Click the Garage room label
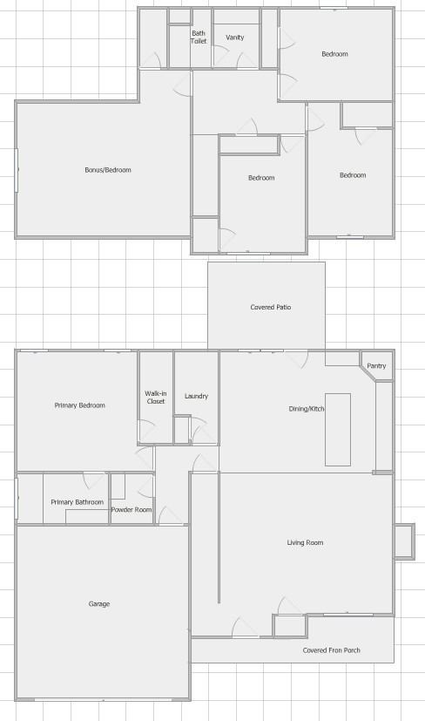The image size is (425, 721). [x=99, y=604]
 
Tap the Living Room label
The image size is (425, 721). [x=305, y=542]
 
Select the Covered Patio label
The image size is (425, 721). [x=271, y=307]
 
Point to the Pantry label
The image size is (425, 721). [x=376, y=366]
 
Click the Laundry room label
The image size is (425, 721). [x=196, y=396]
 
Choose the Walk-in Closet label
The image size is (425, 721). [x=156, y=398]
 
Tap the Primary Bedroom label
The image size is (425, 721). [x=80, y=405]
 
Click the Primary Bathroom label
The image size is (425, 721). [x=78, y=502]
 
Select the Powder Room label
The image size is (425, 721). [x=132, y=509]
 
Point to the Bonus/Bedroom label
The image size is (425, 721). [x=108, y=170]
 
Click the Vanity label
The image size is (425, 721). [x=235, y=37]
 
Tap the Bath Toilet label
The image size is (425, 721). [x=199, y=37]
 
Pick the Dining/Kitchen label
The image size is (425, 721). [x=307, y=409]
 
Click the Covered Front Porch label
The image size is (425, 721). [x=331, y=650]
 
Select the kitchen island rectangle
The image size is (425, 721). [x=338, y=430]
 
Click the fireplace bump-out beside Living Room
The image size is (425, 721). [x=404, y=541]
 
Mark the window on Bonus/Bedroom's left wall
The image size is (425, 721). [x=17, y=170]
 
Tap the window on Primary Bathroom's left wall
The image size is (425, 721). [x=17, y=499]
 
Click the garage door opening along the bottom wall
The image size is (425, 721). [x=103, y=699]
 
